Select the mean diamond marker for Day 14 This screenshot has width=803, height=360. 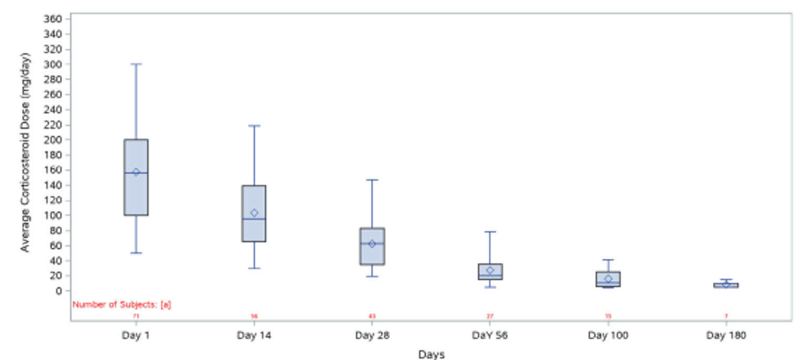254,213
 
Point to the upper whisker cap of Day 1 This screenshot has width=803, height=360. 136,64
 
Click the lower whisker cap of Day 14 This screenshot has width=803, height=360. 254,268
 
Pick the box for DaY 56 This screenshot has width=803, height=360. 490,272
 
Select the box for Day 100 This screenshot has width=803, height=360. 608,279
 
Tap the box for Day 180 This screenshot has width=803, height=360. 726,285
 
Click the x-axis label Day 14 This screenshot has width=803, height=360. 254,335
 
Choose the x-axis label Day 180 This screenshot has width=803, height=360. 726,335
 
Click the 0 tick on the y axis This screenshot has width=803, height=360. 59,291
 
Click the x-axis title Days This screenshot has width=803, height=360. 431,355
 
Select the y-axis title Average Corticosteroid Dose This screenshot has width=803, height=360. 26,152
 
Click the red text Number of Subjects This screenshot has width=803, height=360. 122,304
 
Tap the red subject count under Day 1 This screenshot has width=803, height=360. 136,316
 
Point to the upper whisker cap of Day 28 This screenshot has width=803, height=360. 372,180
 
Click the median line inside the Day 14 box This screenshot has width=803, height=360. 254,219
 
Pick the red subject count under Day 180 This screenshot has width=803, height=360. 726,316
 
